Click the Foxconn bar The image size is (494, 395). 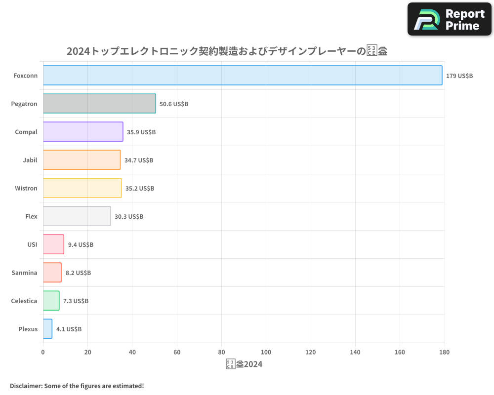coord(242,76)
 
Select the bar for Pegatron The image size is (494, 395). coord(99,104)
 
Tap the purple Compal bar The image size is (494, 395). coord(83,132)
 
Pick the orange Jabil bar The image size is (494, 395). coord(82,160)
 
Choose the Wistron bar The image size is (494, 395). coord(82,188)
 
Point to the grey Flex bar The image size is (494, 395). coord(77,216)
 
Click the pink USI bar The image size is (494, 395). coord(53,244)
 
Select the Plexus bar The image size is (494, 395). coord(47,329)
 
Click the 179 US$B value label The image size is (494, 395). coord(459,76)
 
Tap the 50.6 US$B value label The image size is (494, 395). coord(174,104)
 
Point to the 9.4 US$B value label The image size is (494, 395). coord(81,245)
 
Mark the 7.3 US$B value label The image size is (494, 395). coord(76,301)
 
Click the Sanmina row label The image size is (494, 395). coord(24,273)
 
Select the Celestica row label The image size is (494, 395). coord(24,301)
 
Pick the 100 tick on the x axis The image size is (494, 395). coord(266,352)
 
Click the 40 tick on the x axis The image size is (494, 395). coord(132,352)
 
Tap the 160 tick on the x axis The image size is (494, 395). coord(400,352)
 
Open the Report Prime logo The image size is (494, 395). coord(449,19)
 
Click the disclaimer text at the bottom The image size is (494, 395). coord(77,386)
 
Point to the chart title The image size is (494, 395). coord(227,51)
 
